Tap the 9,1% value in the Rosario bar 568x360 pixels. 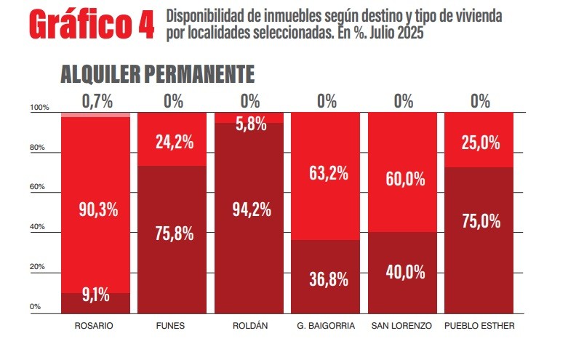click(x=95, y=295)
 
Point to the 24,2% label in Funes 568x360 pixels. click(x=174, y=143)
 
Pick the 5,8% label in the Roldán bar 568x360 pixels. click(x=251, y=124)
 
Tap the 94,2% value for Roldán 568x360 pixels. click(x=251, y=210)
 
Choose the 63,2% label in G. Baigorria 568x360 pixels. click(x=327, y=174)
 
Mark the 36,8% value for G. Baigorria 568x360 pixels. click(x=327, y=279)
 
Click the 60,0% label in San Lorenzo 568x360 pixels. click(x=404, y=179)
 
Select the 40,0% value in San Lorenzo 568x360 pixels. click(x=404, y=272)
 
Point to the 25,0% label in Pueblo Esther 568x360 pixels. click(x=481, y=143)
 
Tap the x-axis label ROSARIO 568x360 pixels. click(x=95, y=326)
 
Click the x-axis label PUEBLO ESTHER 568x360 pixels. click(x=479, y=326)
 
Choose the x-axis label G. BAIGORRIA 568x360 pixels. click(x=326, y=326)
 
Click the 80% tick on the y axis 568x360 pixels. click(x=37, y=148)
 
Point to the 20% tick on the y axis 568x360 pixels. click(x=37, y=267)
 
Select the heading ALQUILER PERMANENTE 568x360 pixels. click(x=157, y=74)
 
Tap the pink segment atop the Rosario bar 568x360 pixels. click(x=95, y=115)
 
